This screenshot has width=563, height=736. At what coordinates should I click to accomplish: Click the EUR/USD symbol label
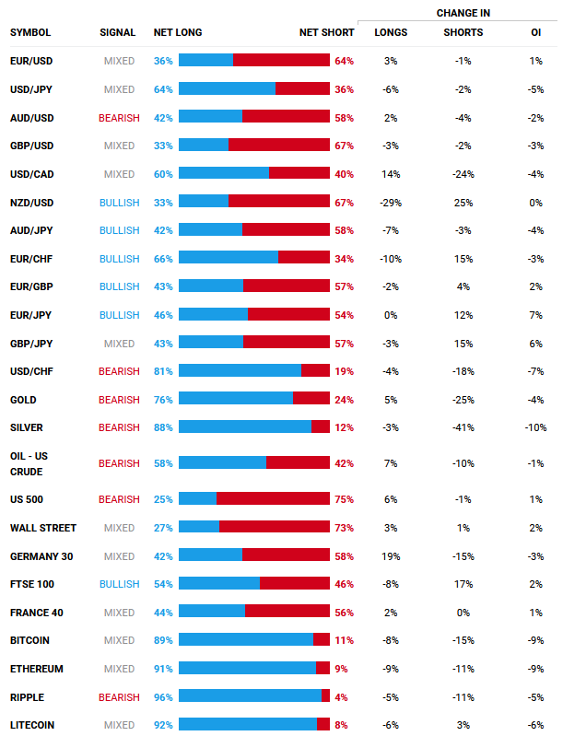(31, 60)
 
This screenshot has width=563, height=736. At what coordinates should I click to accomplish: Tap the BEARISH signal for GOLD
(119, 399)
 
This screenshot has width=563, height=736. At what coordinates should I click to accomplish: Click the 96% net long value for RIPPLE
(163, 696)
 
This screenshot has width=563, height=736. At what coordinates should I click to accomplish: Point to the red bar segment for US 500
(273, 498)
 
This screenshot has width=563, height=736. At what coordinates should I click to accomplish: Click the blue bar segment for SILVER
(244, 426)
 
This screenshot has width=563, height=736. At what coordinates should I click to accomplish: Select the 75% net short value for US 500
(344, 498)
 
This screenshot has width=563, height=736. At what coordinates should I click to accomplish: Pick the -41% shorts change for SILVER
(463, 426)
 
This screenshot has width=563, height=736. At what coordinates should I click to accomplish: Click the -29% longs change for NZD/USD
(391, 202)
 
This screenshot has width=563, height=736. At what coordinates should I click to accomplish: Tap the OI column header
(535, 32)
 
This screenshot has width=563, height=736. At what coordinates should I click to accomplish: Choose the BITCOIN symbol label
(29, 639)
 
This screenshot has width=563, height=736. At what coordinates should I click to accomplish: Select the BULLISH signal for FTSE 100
(119, 583)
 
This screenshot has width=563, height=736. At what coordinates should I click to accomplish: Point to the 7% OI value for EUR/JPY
(535, 314)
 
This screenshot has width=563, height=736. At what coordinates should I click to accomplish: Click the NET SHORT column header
(326, 32)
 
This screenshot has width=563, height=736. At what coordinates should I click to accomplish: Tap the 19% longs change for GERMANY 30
(391, 555)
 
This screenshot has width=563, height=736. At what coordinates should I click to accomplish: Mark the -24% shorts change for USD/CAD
(463, 173)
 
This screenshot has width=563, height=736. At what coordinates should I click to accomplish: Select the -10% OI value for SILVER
(535, 426)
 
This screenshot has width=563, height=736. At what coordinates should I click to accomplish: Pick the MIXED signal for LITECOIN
(119, 724)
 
